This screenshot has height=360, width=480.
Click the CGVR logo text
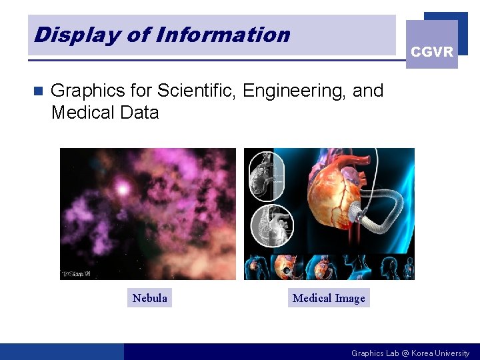tap(432, 51)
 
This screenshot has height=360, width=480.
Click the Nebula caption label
tap(149, 298)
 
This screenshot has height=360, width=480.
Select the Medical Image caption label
tap(329, 298)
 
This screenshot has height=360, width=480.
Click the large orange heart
tap(333, 193)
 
